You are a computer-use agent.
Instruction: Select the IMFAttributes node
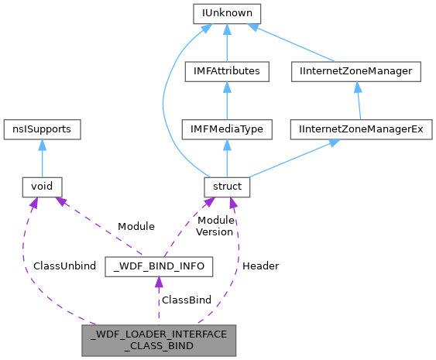pyautogui.click(x=227, y=71)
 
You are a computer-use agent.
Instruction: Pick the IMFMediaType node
pyautogui.click(x=227, y=129)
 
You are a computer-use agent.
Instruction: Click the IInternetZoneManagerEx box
pyautogui.click(x=361, y=129)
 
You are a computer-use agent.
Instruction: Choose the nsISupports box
pyautogui.click(x=42, y=129)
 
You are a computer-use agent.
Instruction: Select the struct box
pyautogui.click(x=227, y=186)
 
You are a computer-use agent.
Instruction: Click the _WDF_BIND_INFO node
pyautogui.click(x=159, y=267)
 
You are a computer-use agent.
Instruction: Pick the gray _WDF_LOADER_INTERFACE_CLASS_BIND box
pyautogui.click(x=159, y=341)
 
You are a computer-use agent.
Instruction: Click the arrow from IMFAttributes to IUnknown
pyautogui.click(x=227, y=43)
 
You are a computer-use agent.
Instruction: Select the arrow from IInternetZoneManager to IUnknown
pyautogui.click(x=294, y=43)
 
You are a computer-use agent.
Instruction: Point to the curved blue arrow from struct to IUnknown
pyautogui.click(x=164, y=101)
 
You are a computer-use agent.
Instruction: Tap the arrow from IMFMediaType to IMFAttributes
pyautogui.click(x=227, y=100)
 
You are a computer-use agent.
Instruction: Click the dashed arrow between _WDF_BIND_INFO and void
pyautogui.click(x=97, y=225)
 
